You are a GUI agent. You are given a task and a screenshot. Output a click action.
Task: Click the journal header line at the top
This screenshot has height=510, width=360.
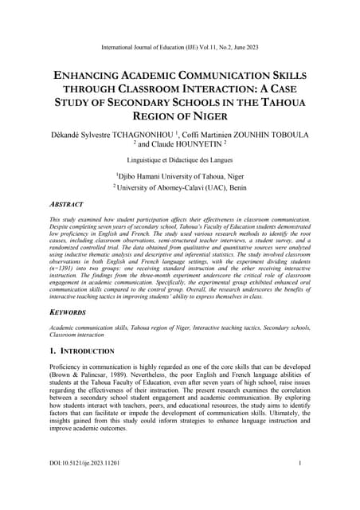click(179, 38)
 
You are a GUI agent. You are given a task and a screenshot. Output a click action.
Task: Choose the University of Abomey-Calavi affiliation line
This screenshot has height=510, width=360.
click(179, 188)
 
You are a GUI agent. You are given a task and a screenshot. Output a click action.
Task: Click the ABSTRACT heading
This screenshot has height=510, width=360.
click(66, 204)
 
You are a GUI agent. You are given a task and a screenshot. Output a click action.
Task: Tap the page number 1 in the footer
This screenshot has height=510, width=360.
click(299, 462)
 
